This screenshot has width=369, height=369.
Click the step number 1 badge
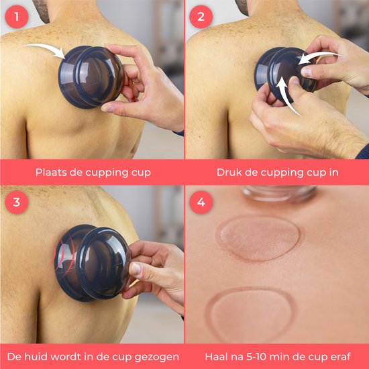click(15, 15)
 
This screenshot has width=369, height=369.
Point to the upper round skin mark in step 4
click(258, 236)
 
